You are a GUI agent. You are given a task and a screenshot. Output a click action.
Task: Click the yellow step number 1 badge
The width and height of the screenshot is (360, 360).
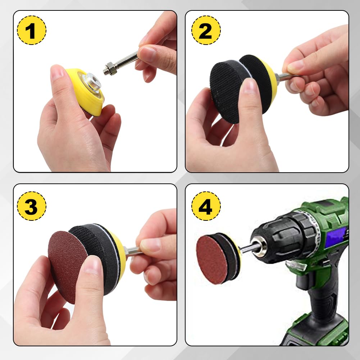pos(32,30)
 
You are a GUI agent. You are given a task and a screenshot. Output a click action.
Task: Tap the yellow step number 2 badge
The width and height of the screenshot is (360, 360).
pos(206,30)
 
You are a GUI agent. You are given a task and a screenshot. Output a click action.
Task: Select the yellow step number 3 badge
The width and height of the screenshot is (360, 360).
pos(32,206)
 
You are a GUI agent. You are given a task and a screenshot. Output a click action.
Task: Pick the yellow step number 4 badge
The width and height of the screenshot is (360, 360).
pos(206,206)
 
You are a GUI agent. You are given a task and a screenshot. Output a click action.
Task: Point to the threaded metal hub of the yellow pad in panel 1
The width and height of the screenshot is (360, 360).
pos(92,82)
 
